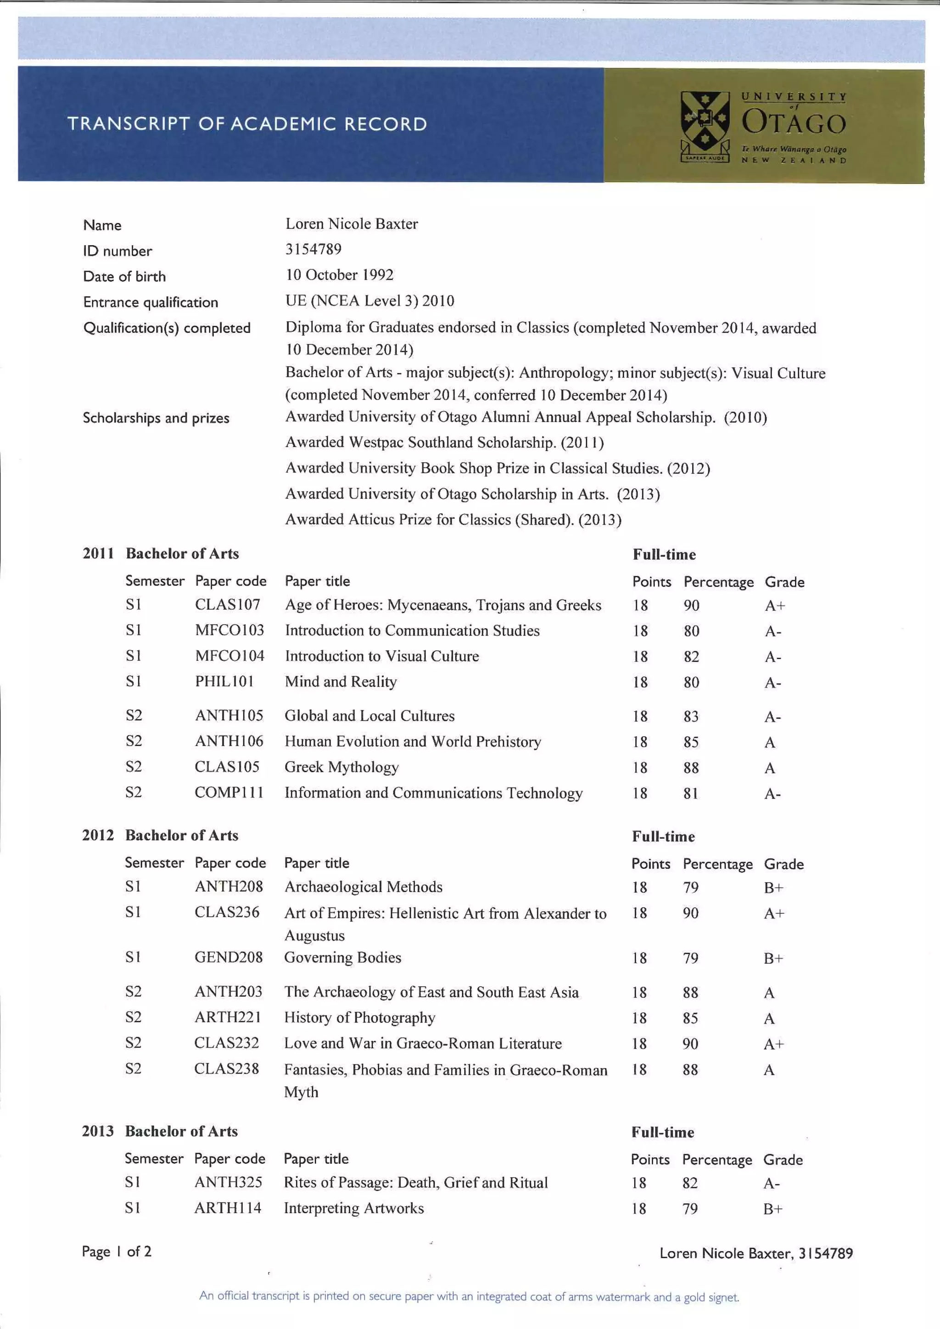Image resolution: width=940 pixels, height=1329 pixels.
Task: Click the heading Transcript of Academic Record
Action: (247, 124)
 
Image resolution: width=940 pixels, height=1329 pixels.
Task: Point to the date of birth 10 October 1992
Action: (339, 274)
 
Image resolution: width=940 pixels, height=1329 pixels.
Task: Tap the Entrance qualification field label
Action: (151, 302)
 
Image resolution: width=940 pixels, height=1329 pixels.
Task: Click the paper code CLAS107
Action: (228, 604)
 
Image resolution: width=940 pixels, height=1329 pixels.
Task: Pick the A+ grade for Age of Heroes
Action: (774, 605)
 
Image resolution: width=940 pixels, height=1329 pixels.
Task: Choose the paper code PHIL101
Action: (224, 681)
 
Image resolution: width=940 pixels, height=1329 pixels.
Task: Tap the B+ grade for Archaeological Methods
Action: (773, 888)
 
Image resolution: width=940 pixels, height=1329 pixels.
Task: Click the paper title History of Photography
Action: (359, 1017)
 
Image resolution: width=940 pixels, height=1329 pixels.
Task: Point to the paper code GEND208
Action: (228, 957)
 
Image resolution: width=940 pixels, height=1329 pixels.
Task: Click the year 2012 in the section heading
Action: (98, 835)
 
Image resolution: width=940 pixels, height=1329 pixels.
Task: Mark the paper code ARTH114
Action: (228, 1208)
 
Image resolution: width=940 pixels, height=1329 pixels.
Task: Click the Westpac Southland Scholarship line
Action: (444, 443)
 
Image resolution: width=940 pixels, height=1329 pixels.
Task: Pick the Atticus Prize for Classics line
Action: (453, 519)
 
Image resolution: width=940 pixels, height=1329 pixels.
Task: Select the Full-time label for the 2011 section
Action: (664, 554)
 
